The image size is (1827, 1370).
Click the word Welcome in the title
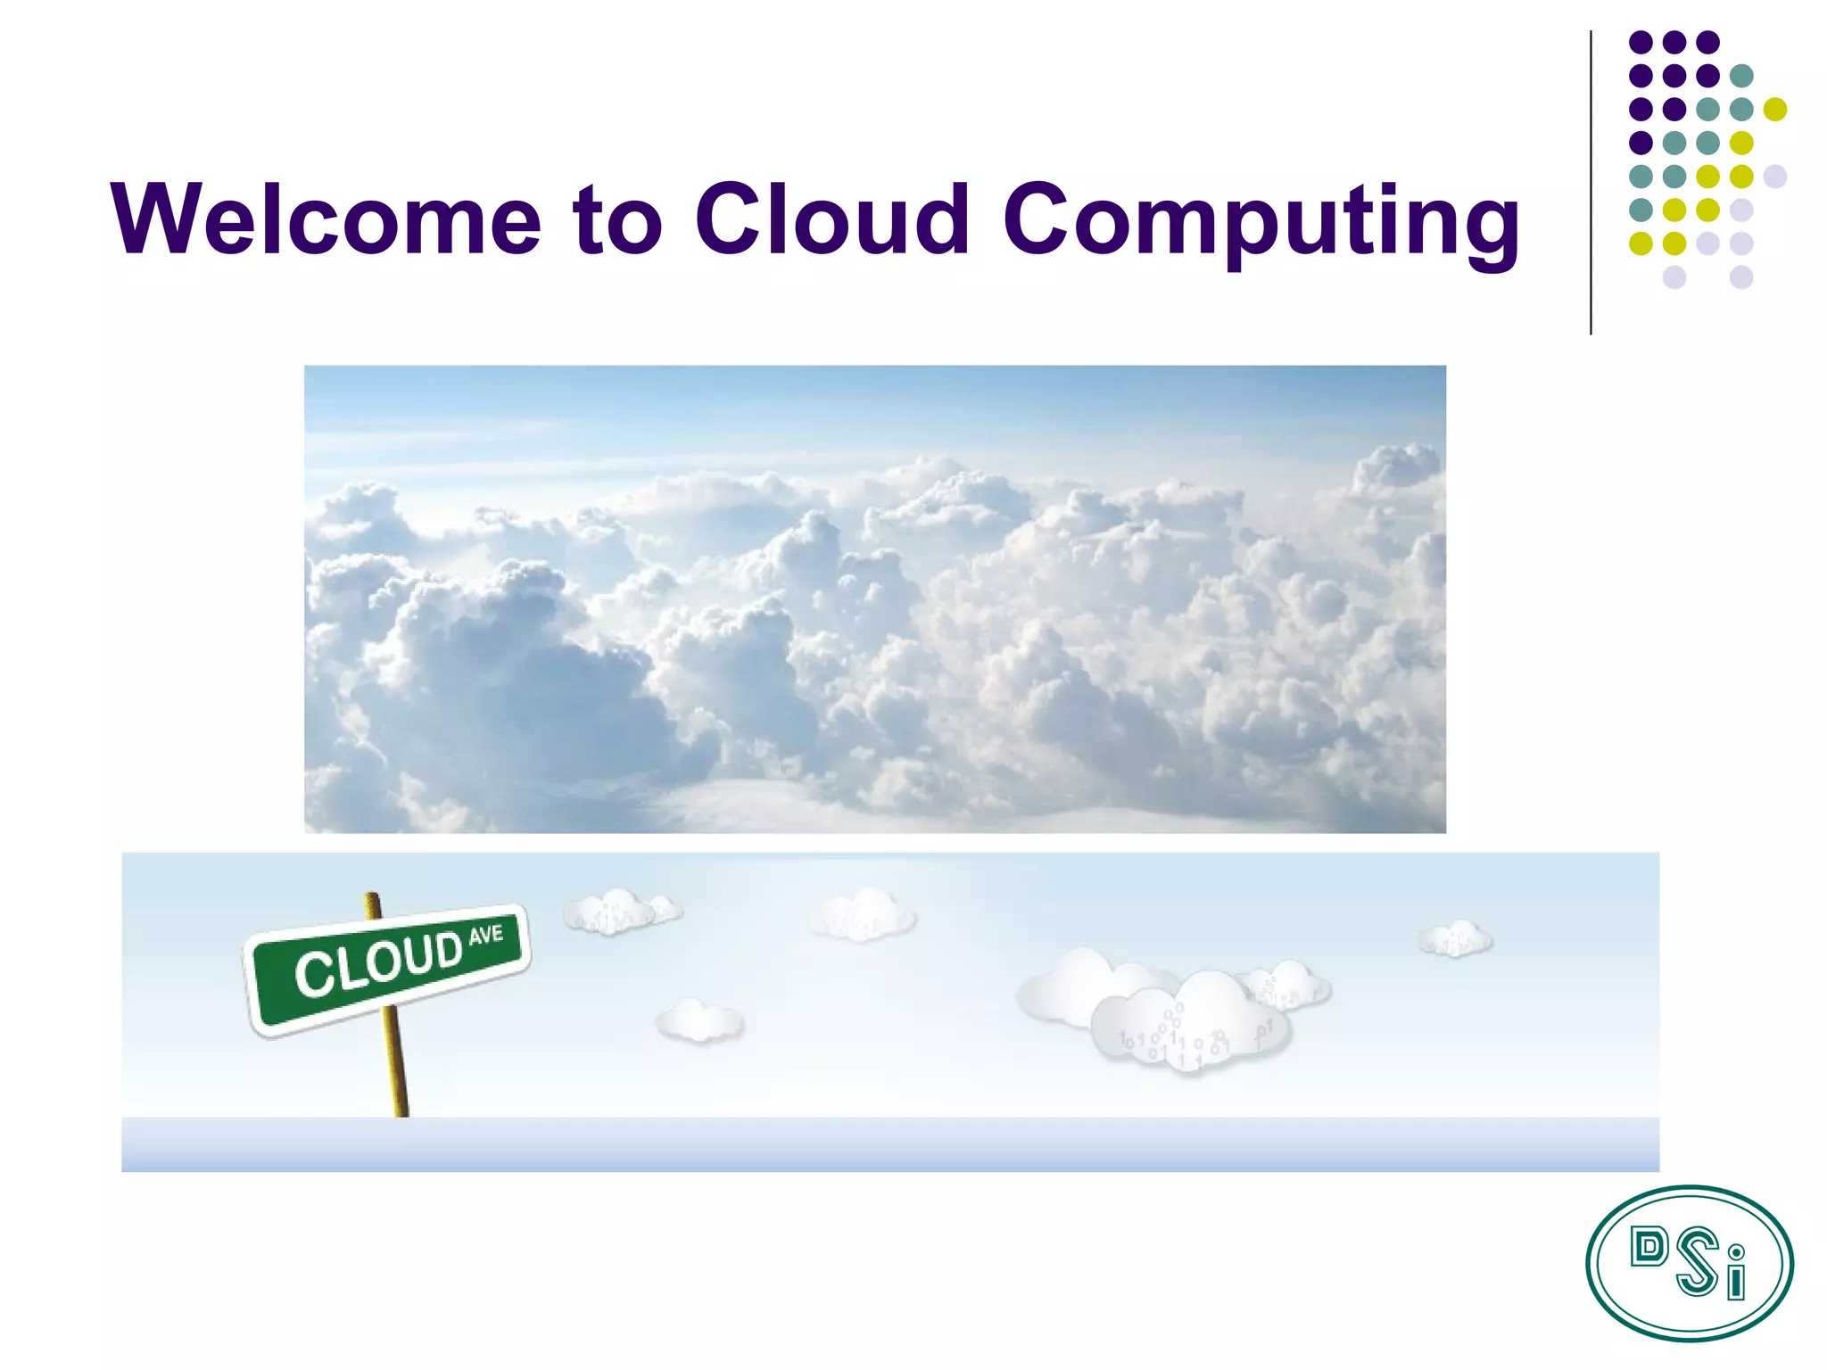click(326, 219)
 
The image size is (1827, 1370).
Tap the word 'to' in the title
click(617, 219)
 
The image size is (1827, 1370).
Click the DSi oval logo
click(1689, 1263)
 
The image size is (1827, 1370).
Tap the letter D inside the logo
click(1648, 1247)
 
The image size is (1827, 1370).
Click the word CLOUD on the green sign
click(378, 963)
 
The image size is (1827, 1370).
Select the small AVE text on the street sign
click(486, 935)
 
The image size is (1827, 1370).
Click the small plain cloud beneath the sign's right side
click(699, 1020)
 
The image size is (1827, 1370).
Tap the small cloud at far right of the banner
click(1455, 938)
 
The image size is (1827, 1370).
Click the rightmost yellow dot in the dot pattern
click(1774, 109)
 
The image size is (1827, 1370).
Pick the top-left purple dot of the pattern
click(1641, 42)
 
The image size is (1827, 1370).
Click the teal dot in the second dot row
click(1740, 76)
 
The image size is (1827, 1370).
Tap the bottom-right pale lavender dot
click(1740, 277)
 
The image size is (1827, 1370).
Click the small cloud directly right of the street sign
click(620, 911)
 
